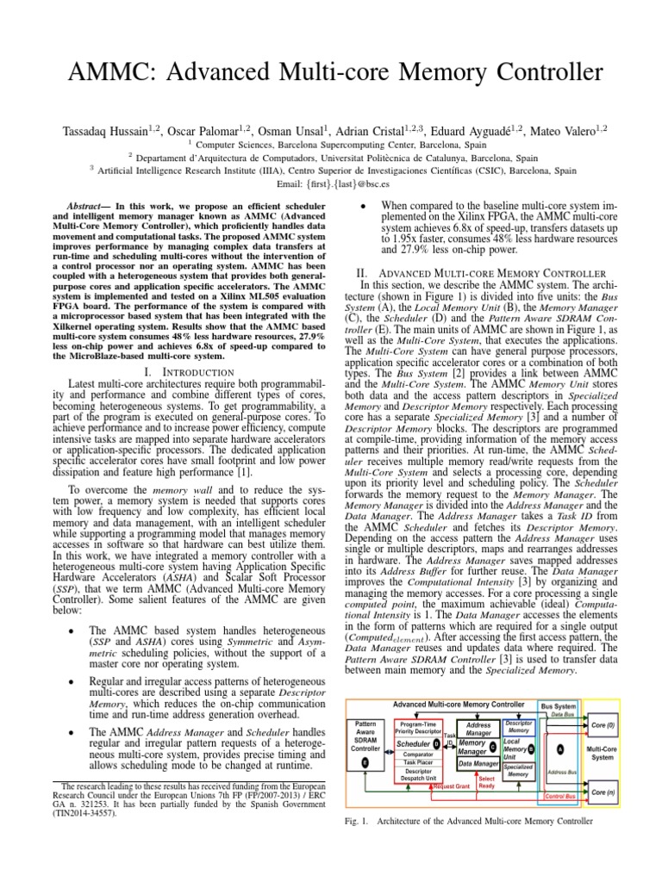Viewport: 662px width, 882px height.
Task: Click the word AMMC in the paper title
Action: [107, 73]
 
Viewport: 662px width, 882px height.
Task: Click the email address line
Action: [330, 183]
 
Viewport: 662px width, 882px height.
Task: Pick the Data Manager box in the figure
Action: [478, 763]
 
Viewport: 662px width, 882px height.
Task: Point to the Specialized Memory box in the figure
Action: [518, 770]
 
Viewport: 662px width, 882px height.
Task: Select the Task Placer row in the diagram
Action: [417, 762]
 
